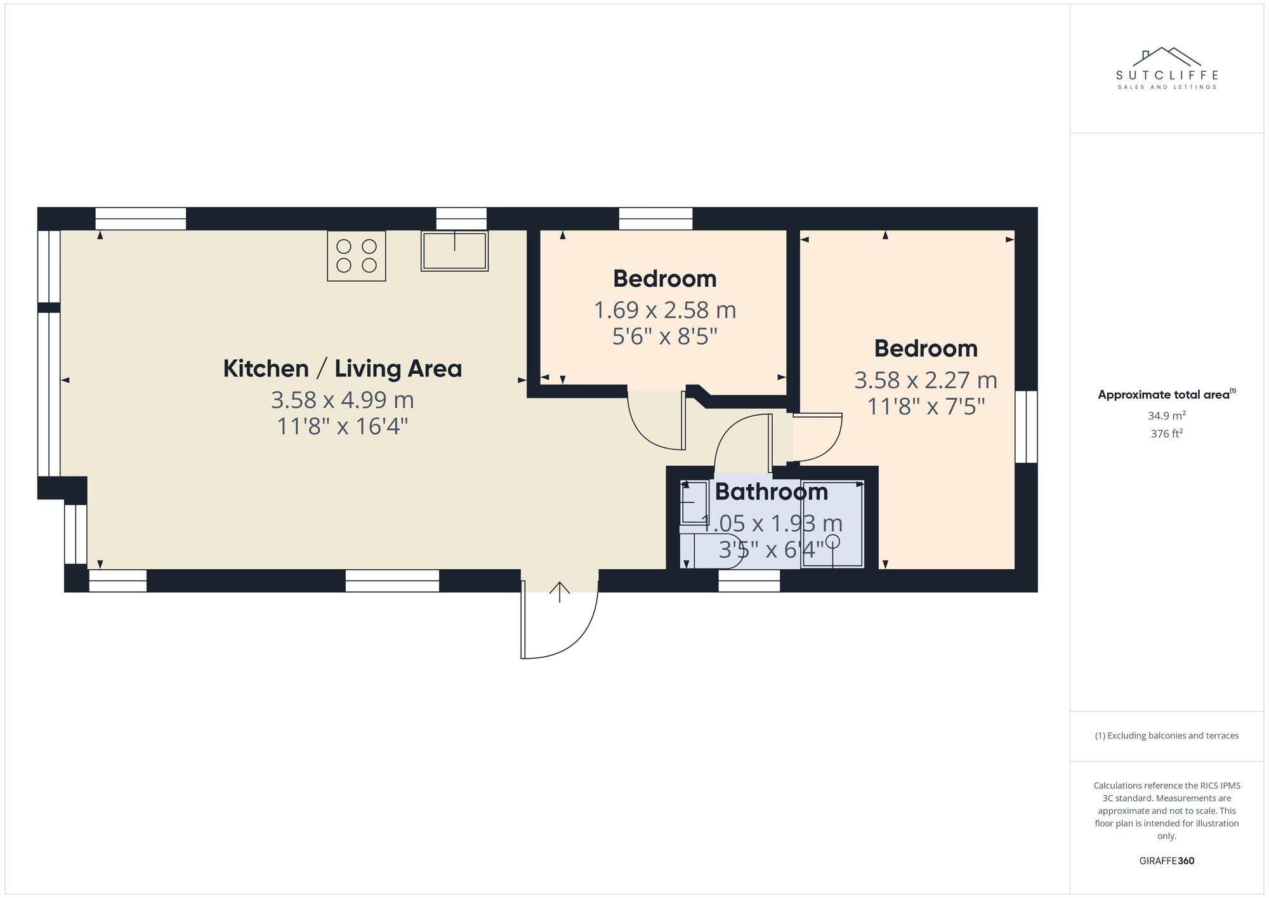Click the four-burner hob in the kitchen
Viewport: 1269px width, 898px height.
[357, 256]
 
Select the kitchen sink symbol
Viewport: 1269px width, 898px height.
[454, 251]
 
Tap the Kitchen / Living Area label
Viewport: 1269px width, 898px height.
[342, 369]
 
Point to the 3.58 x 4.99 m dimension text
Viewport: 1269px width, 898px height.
[342, 400]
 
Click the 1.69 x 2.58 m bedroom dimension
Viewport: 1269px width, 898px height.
[664, 310]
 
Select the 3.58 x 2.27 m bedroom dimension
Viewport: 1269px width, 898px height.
[925, 380]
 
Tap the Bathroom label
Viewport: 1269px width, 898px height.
[771, 492]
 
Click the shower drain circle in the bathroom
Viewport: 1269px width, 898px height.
[832, 541]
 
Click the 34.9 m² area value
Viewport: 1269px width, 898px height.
[1166, 416]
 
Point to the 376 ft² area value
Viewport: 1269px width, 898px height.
[1166, 434]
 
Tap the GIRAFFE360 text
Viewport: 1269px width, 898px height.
[1166, 861]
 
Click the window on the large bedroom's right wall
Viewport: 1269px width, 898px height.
[1026, 426]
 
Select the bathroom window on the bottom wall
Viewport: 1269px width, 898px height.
[749, 581]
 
